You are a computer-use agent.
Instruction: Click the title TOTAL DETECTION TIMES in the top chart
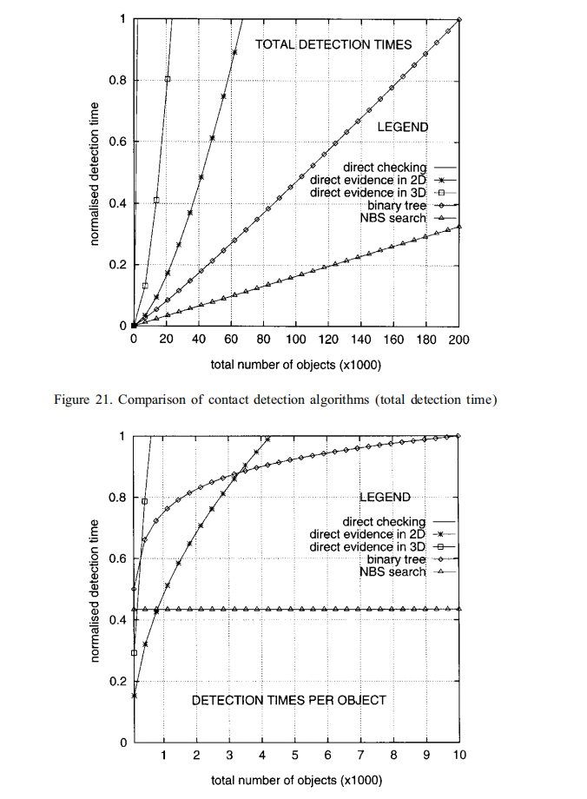(333, 44)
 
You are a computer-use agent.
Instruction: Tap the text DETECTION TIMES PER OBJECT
(289, 699)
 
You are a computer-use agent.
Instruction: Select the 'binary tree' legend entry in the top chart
(396, 205)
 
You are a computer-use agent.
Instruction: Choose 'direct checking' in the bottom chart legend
(384, 522)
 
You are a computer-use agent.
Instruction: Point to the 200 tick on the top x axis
(458, 340)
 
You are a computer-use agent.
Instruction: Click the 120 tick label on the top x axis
(328, 340)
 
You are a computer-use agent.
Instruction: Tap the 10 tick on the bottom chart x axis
(458, 755)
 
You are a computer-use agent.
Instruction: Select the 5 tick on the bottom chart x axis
(295, 755)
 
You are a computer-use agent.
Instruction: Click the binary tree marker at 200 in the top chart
(458, 19)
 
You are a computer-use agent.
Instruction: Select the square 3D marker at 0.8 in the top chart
(168, 79)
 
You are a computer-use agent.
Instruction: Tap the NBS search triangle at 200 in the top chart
(458, 227)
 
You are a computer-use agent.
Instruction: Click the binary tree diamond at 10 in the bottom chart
(458, 435)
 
